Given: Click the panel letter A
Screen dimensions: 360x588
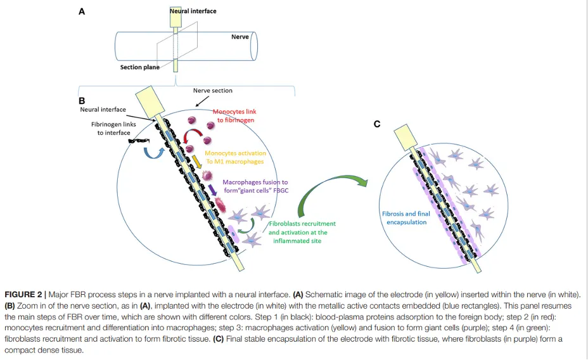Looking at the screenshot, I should tap(82, 11).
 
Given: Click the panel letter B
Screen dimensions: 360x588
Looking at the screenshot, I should tap(82, 100).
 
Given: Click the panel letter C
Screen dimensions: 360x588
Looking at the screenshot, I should tap(377, 124).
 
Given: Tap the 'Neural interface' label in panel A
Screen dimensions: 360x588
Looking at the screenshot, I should tap(193, 11).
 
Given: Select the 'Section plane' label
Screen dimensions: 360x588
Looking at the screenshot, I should tap(140, 67).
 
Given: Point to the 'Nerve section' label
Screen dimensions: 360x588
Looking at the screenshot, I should tap(213, 91).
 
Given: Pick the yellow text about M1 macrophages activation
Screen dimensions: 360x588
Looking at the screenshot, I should tap(235, 157).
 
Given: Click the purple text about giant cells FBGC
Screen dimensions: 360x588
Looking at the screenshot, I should tap(255, 186).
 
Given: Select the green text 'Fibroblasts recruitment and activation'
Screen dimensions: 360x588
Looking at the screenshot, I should tap(302, 232).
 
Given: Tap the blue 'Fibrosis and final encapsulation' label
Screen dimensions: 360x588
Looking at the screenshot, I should tap(406, 218).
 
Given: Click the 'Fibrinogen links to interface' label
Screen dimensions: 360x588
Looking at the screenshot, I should tap(113, 129).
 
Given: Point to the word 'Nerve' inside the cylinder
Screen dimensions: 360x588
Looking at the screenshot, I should tap(240, 37).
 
